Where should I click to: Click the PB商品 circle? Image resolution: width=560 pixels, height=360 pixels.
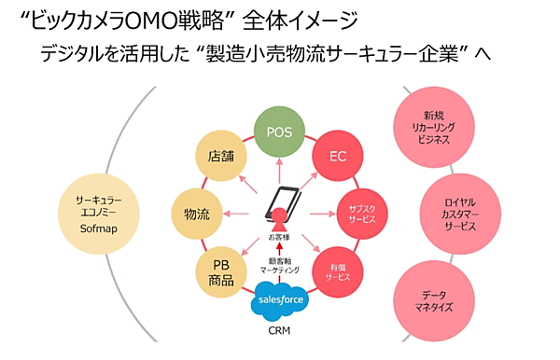pos(221,272)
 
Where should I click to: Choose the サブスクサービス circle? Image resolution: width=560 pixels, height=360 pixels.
pos(361,214)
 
